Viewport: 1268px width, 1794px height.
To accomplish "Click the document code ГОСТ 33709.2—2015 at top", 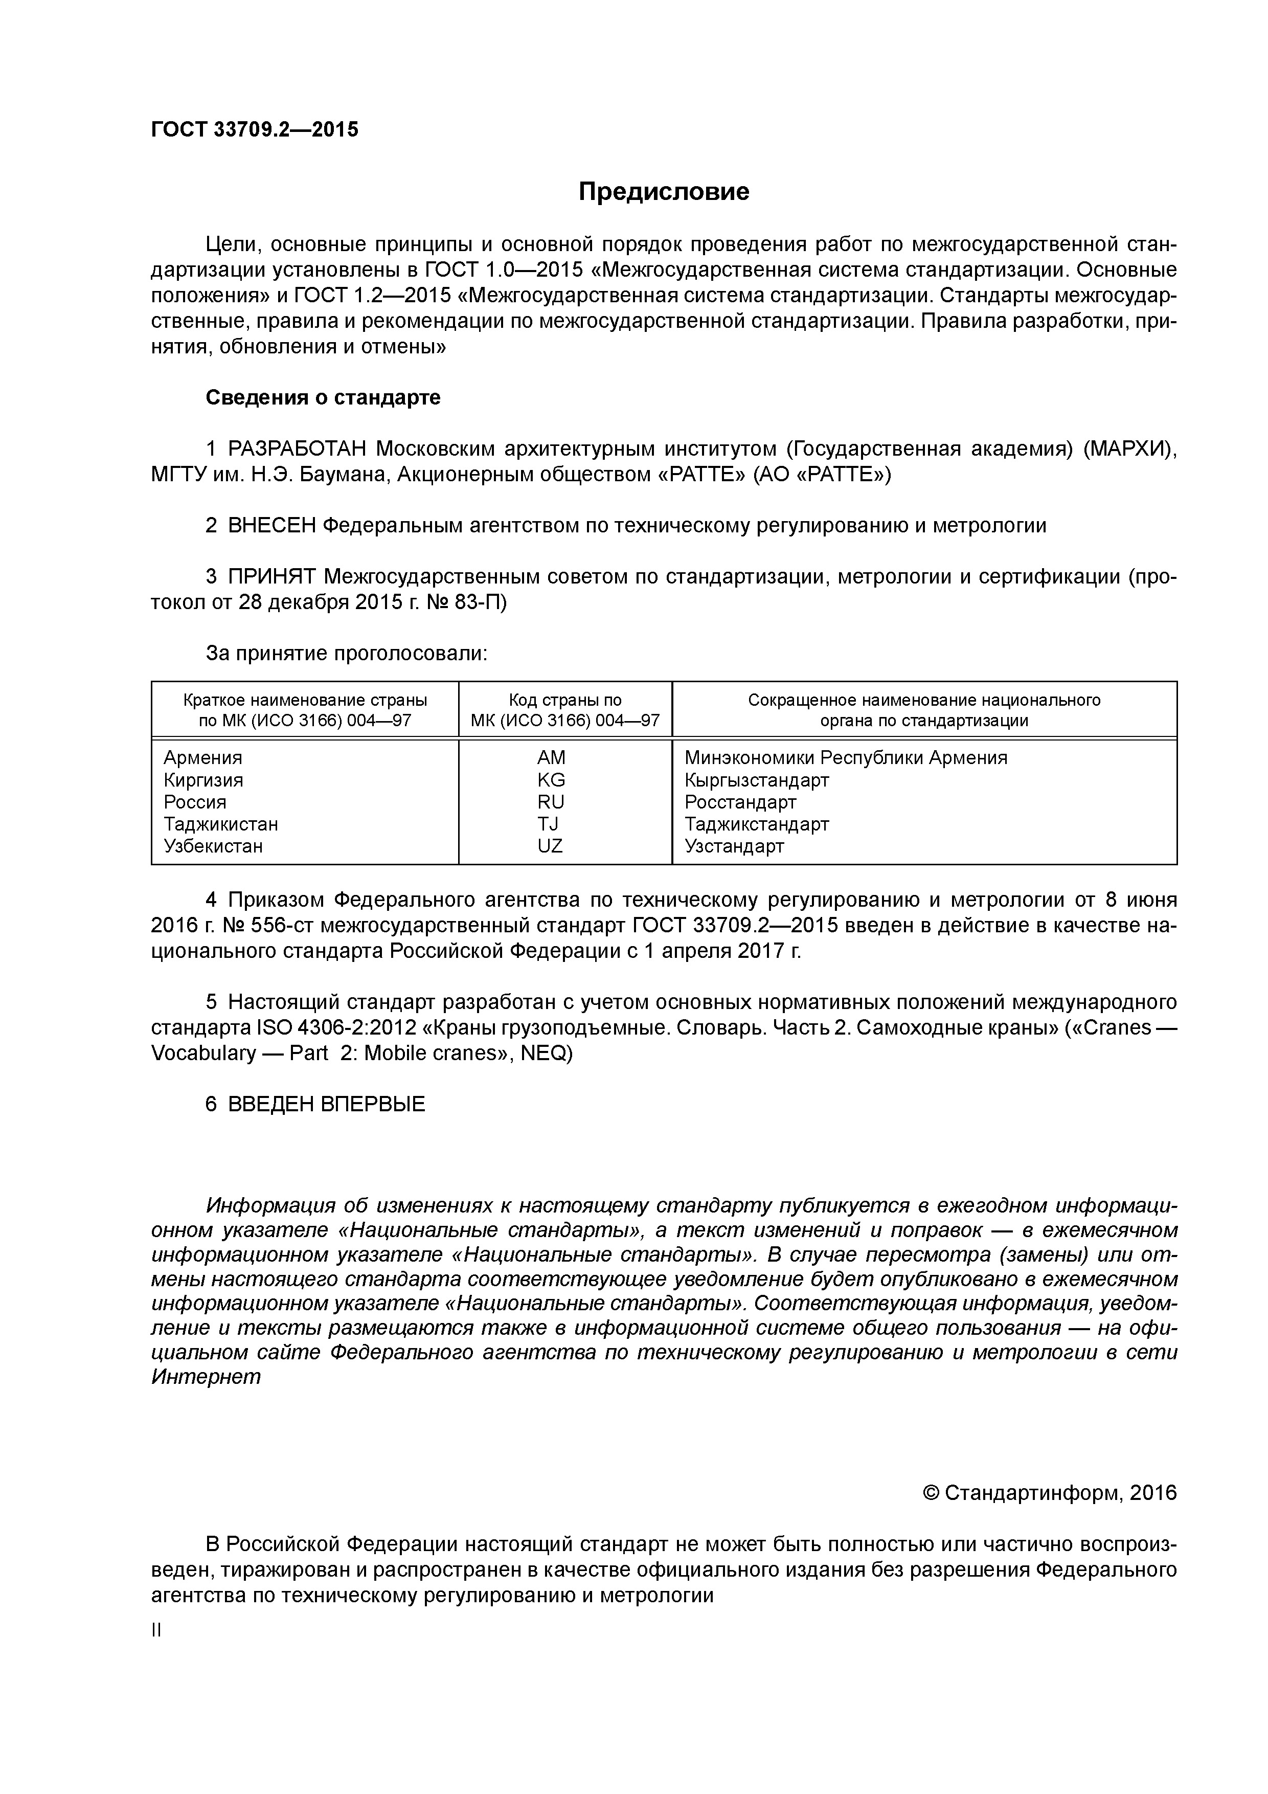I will [x=255, y=130].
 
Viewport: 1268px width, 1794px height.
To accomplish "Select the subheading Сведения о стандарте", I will [x=323, y=398].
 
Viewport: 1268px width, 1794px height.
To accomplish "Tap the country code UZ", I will [x=550, y=846].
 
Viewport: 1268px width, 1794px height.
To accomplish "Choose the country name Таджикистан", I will [x=221, y=824].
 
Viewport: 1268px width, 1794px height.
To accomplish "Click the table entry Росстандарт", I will [x=741, y=802].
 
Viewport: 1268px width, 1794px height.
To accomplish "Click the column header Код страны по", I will [x=565, y=700].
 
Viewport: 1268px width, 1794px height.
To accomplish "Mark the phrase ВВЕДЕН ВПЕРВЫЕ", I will [x=327, y=1104].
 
